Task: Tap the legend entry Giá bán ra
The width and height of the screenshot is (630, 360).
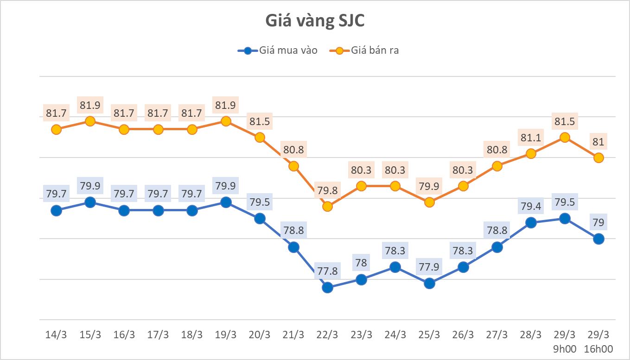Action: point(364,51)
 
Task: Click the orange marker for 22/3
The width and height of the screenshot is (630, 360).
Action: point(328,206)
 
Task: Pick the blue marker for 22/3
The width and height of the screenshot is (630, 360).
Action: point(328,287)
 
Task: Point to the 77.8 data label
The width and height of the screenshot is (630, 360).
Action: point(328,269)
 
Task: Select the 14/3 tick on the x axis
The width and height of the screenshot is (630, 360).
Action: point(56,335)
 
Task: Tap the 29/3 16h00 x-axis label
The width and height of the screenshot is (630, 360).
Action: point(598,341)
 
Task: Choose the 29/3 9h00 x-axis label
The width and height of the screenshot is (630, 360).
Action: point(565,341)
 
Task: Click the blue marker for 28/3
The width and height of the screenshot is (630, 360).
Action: point(531,222)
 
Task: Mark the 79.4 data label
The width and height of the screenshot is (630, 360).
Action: point(531,204)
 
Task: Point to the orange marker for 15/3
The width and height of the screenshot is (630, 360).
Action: point(90,121)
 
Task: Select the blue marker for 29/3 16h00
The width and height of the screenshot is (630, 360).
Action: point(598,239)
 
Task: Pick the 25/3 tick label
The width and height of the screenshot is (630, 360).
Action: point(429,335)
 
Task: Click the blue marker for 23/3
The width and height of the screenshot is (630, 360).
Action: point(362,279)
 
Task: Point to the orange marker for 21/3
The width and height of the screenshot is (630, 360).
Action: point(293,166)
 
